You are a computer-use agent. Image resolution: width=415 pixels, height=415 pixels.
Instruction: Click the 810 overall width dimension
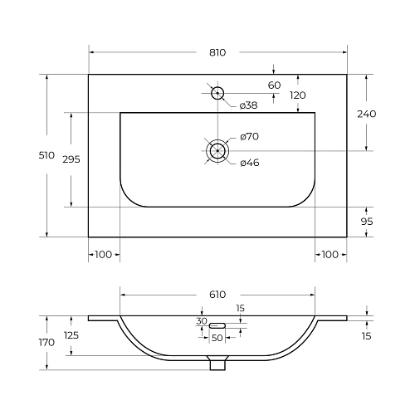pos(217,52)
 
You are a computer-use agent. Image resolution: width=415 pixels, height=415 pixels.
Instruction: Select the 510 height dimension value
pos(46,155)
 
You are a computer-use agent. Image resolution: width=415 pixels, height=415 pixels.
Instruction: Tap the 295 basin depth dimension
pos(71,159)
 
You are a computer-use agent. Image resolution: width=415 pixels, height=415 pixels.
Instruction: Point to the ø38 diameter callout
pos(248,105)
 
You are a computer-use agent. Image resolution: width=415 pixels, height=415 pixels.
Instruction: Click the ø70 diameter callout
pos(249,136)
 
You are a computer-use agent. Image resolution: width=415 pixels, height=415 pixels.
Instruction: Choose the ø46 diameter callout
pos(250,163)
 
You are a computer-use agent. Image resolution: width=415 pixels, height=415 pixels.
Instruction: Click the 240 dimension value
pos(367,114)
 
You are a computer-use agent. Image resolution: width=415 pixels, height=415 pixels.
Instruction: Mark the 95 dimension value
pos(367,222)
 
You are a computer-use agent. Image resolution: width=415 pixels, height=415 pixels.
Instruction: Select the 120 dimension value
pos(298,95)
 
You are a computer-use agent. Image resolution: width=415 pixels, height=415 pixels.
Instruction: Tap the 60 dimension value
pos(274,85)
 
